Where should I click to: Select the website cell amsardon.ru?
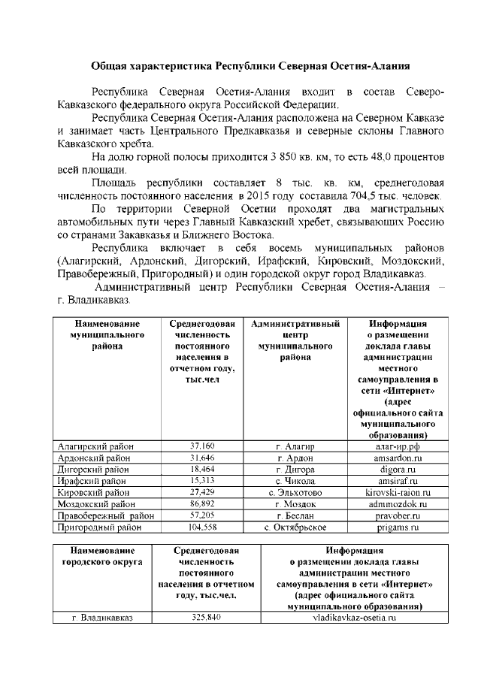point(398,458)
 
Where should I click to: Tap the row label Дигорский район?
point(93,469)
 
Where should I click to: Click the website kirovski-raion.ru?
point(398,492)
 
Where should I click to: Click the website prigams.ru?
point(398,527)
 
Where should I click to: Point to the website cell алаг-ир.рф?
point(398,446)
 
